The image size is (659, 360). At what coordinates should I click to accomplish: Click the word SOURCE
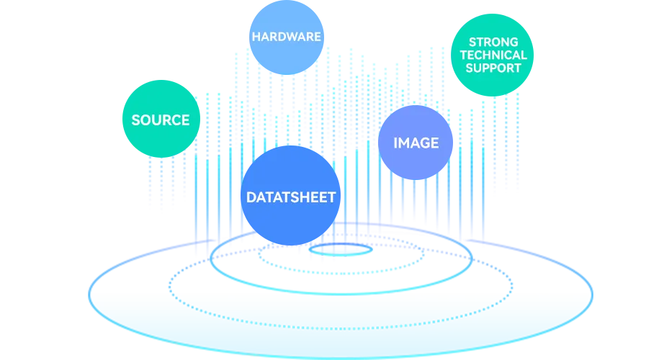pyautogui.click(x=161, y=120)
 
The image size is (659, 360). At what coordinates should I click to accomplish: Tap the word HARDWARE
pyautogui.click(x=286, y=36)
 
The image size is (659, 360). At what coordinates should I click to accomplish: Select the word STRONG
pyautogui.click(x=493, y=42)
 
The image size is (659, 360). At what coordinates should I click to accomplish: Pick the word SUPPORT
pyautogui.click(x=493, y=68)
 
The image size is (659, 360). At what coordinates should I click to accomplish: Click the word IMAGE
pyautogui.click(x=416, y=143)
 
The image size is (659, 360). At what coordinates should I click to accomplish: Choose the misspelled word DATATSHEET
pyautogui.click(x=291, y=197)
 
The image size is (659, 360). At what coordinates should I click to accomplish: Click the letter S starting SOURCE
pyautogui.click(x=136, y=120)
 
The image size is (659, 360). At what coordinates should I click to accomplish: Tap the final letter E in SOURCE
pyautogui.click(x=185, y=120)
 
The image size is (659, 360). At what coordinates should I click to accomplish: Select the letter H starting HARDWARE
pyautogui.click(x=256, y=36)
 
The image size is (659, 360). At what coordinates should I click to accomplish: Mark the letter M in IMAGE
pyautogui.click(x=403, y=143)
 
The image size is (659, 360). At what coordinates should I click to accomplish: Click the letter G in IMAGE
pyautogui.click(x=424, y=143)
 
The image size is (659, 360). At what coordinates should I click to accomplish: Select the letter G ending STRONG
pyautogui.click(x=513, y=42)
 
